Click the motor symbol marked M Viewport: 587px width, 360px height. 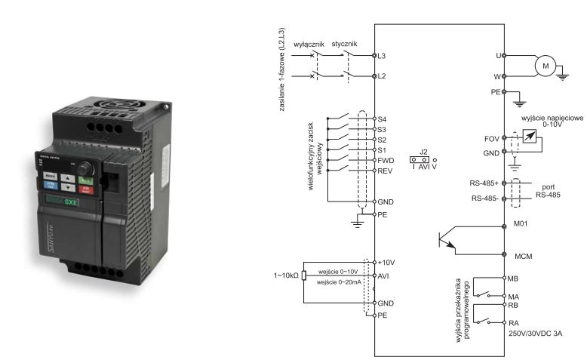coord(544,66)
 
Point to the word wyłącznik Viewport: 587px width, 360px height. coord(309,44)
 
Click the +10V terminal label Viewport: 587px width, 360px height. coord(388,261)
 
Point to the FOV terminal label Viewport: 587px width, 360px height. coord(490,140)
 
